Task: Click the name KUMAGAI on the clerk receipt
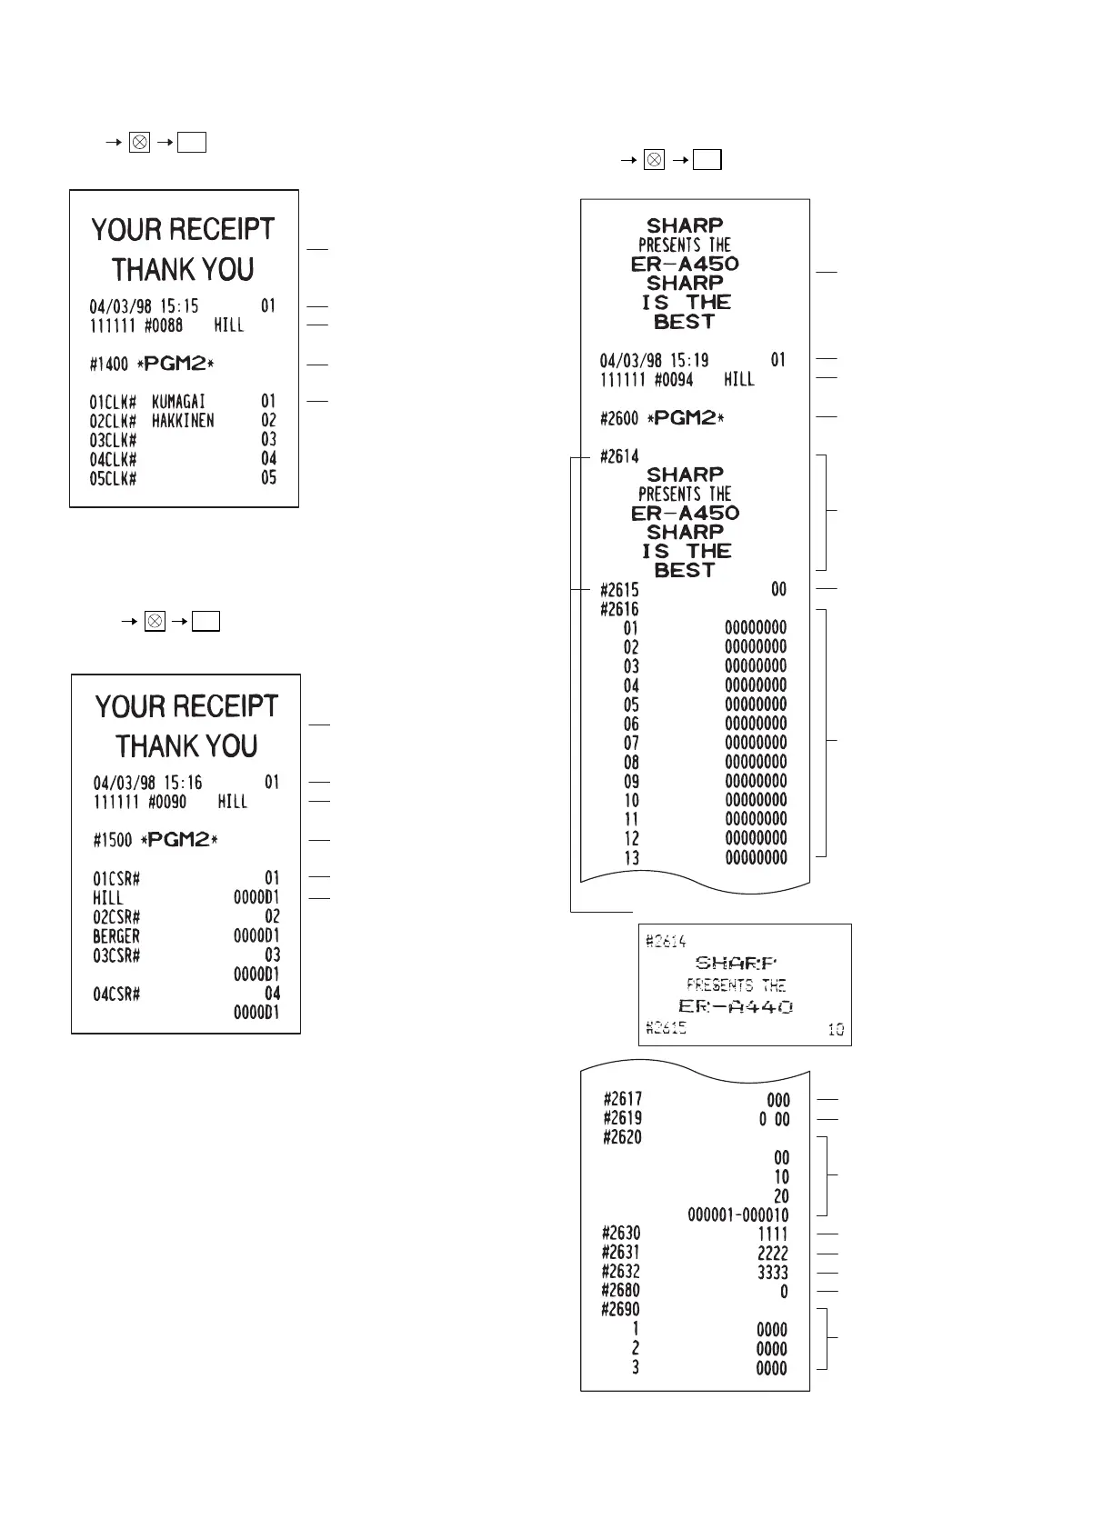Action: [178, 402]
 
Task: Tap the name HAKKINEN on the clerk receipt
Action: [183, 421]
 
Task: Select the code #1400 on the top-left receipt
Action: [109, 365]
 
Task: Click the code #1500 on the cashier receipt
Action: [113, 841]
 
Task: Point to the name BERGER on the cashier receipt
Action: [116, 936]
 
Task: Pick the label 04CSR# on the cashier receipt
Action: [116, 994]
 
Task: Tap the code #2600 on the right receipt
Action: [619, 419]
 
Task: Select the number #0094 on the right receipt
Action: [674, 380]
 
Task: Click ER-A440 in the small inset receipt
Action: [736, 1006]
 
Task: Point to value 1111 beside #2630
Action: [773, 1234]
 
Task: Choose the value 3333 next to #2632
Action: [773, 1273]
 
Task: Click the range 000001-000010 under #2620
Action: [738, 1215]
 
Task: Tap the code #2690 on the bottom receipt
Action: [621, 1310]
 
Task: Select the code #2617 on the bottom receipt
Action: [622, 1100]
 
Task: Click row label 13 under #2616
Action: [631, 858]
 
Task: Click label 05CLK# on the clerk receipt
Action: [113, 479]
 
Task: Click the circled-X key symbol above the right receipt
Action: [654, 160]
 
